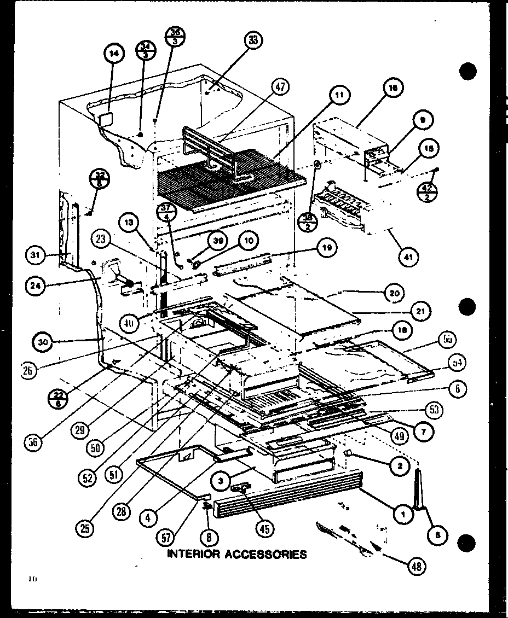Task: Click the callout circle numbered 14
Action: point(114,53)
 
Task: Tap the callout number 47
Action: point(281,86)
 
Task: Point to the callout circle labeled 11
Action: point(339,95)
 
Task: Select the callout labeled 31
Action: point(36,254)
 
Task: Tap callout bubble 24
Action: point(34,284)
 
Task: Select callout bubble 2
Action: point(401,466)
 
